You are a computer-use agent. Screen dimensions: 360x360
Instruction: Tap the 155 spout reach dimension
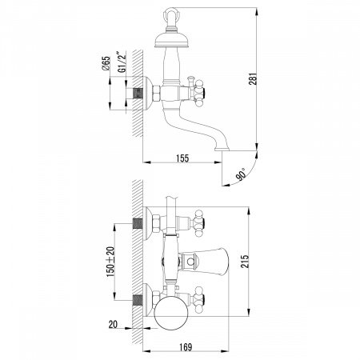point(182,158)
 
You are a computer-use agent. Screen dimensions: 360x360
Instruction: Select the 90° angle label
point(241,174)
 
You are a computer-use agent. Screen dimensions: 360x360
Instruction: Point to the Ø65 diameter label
point(106,63)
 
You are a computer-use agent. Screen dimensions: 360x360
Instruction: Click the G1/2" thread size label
point(122,62)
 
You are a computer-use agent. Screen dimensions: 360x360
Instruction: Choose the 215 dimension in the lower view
point(245,262)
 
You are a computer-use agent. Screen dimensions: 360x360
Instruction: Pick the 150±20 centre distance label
point(110,262)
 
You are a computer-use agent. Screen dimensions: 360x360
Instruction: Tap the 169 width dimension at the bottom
point(185,347)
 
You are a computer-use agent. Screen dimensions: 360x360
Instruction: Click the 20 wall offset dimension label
point(113,324)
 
